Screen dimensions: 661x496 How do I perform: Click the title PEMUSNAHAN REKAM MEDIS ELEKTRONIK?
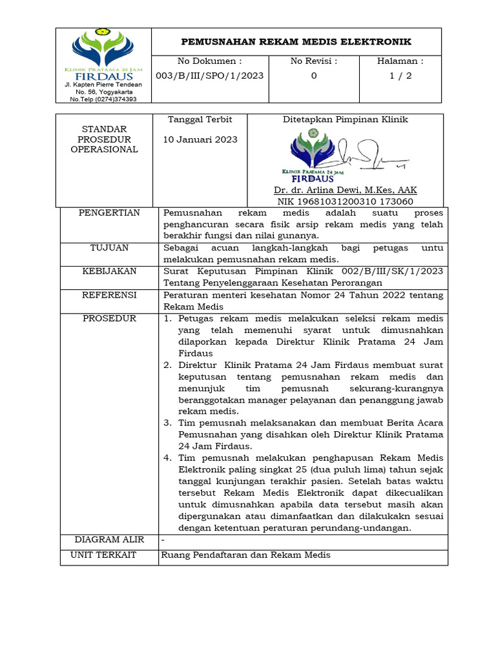click(x=296, y=42)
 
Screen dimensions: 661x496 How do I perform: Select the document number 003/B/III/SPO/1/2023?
click(x=210, y=76)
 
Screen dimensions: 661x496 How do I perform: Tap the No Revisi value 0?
click(x=314, y=76)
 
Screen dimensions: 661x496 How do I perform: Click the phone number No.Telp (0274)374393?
click(x=103, y=99)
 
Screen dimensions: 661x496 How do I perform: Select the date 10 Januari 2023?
click(x=200, y=139)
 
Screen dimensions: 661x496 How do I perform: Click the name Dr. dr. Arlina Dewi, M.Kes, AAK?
click(x=345, y=190)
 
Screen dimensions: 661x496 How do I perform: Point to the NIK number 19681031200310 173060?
click(x=345, y=201)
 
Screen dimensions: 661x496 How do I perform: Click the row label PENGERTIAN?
click(x=109, y=213)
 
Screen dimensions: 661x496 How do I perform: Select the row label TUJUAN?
click(x=109, y=248)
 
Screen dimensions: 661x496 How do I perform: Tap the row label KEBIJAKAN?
click(x=109, y=271)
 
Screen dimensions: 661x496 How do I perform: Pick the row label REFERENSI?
click(x=109, y=295)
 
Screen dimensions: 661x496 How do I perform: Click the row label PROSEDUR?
click(x=109, y=319)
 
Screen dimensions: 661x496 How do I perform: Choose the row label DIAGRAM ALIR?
click(x=109, y=540)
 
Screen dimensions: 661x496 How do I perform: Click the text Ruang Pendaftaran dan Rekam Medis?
click(x=245, y=555)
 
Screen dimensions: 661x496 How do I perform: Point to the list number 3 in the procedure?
click(x=167, y=423)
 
